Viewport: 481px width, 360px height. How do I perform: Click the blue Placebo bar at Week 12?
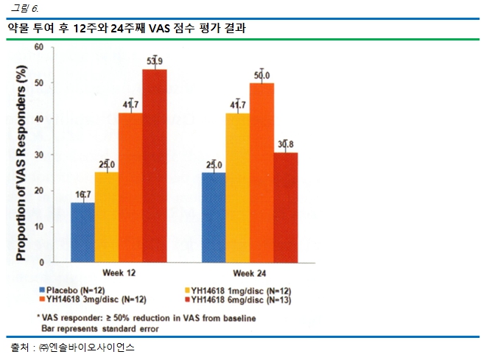coord(82,232)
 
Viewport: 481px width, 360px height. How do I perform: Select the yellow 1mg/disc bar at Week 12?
coord(107,217)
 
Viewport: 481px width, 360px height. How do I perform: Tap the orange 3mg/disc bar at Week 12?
coord(130,187)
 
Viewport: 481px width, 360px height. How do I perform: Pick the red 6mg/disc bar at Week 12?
coord(154,166)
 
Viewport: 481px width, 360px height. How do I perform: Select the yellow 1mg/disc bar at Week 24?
coord(238,187)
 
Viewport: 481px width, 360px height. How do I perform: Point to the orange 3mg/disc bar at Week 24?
coord(261,172)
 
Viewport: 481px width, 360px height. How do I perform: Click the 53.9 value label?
coord(155,60)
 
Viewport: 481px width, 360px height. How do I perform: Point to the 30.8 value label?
coord(286,144)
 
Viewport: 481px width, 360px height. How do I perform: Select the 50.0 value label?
coord(261,75)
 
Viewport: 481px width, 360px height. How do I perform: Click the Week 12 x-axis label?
coord(118,272)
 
